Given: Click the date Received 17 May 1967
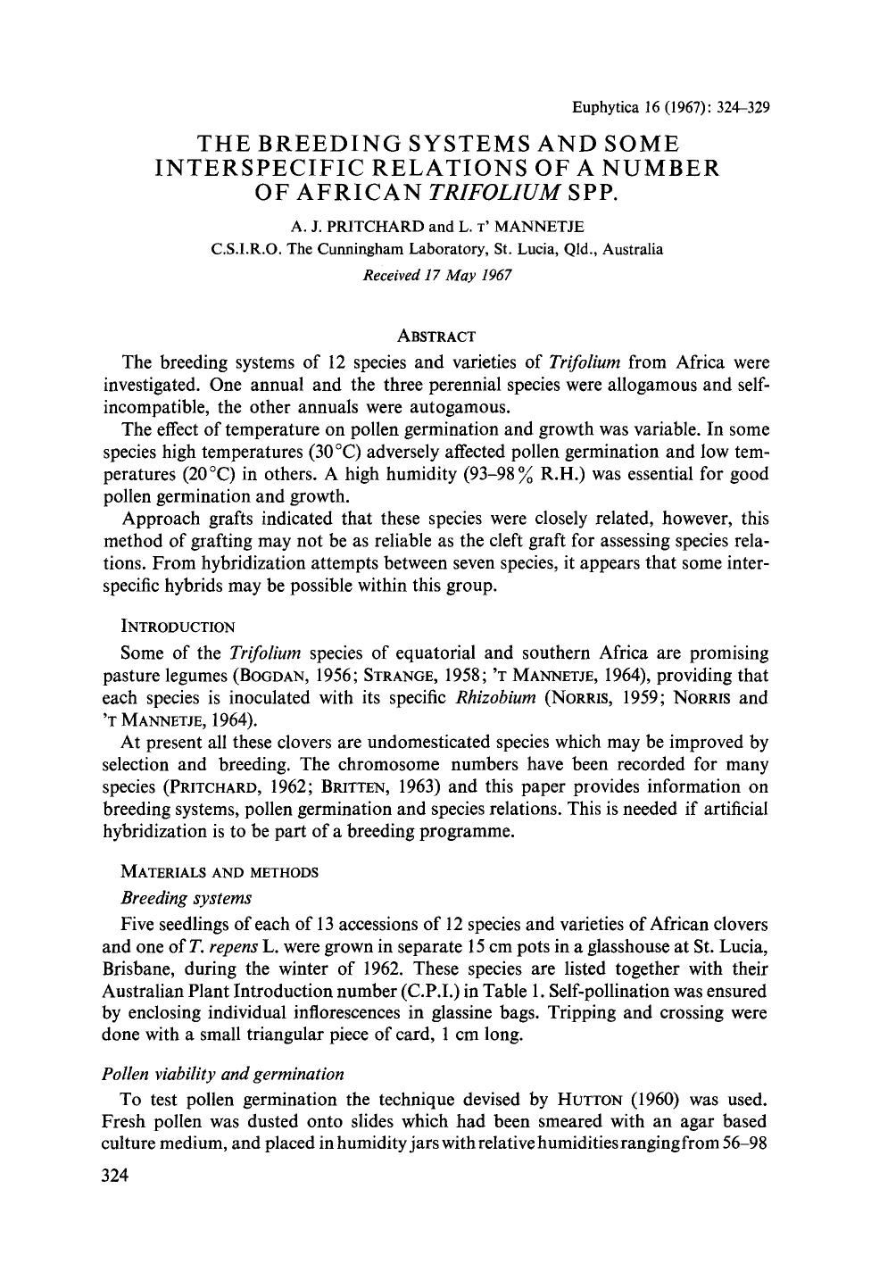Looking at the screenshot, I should click(x=436, y=275).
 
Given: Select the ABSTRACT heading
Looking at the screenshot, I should click(x=436, y=337).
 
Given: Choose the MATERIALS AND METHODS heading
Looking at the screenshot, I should click(x=210, y=871).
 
